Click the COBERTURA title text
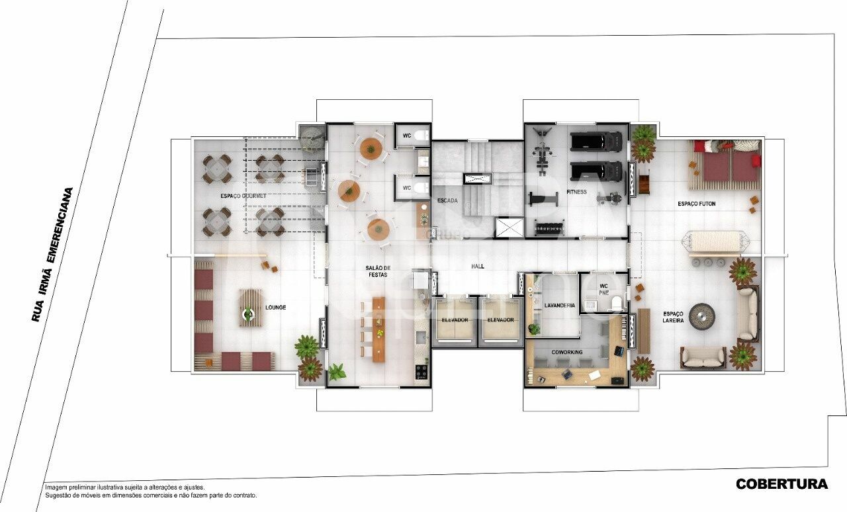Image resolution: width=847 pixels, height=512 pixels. coord(781,484)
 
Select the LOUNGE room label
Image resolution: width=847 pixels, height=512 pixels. coord(275,308)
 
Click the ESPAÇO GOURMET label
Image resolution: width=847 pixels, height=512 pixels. coord(244,196)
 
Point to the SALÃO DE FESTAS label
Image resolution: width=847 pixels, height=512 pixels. coord(379,271)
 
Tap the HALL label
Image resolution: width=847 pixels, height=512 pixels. coord(477,266)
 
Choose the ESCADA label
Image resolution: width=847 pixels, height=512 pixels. coord(448,200)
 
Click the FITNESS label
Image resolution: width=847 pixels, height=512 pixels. coord(576,192)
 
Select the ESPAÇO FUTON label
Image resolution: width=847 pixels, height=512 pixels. coord(696,204)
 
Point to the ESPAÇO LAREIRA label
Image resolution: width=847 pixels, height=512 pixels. coord(673,317)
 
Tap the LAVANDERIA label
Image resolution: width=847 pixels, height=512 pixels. coord(560,305)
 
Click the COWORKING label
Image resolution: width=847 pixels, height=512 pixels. coord(567,353)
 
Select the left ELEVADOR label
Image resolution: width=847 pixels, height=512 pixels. coord(455,320)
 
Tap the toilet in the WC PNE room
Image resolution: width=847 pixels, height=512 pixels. coord(616,304)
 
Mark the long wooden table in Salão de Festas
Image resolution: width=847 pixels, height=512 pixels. coord(379,329)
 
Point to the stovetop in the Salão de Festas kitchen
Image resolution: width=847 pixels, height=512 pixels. coord(421,372)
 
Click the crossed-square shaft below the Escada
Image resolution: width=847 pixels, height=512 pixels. coord(509,228)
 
